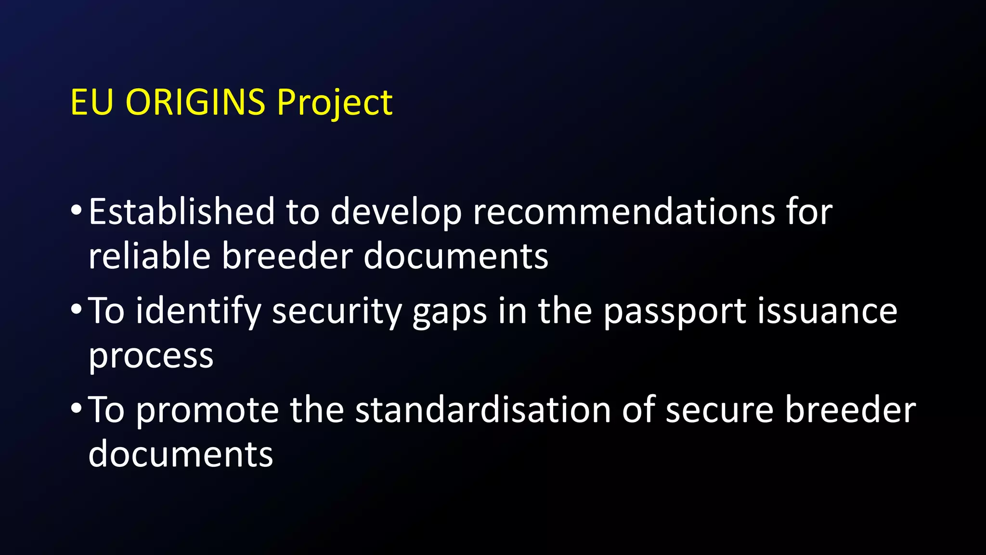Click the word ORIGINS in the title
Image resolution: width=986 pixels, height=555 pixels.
click(x=195, y=102)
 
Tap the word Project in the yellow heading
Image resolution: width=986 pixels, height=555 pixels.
click(x=335, y=103)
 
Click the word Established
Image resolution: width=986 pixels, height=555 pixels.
click(x=182, y=211)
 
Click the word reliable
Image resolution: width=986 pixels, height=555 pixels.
click(x=149, y=256)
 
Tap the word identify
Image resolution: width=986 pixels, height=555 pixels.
click(x=198, y=312)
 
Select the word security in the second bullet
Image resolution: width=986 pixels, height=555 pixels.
click(x=337, y=312)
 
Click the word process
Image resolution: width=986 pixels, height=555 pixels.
click(x=151, y=357)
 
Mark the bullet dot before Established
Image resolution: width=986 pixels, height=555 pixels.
click(x=76, y=211)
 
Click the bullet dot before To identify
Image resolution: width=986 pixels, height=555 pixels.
click(x=76, y=310)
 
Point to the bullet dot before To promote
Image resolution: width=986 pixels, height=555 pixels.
click(x=76, y=409)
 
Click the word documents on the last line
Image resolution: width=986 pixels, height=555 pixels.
click(x=181, y=454)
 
